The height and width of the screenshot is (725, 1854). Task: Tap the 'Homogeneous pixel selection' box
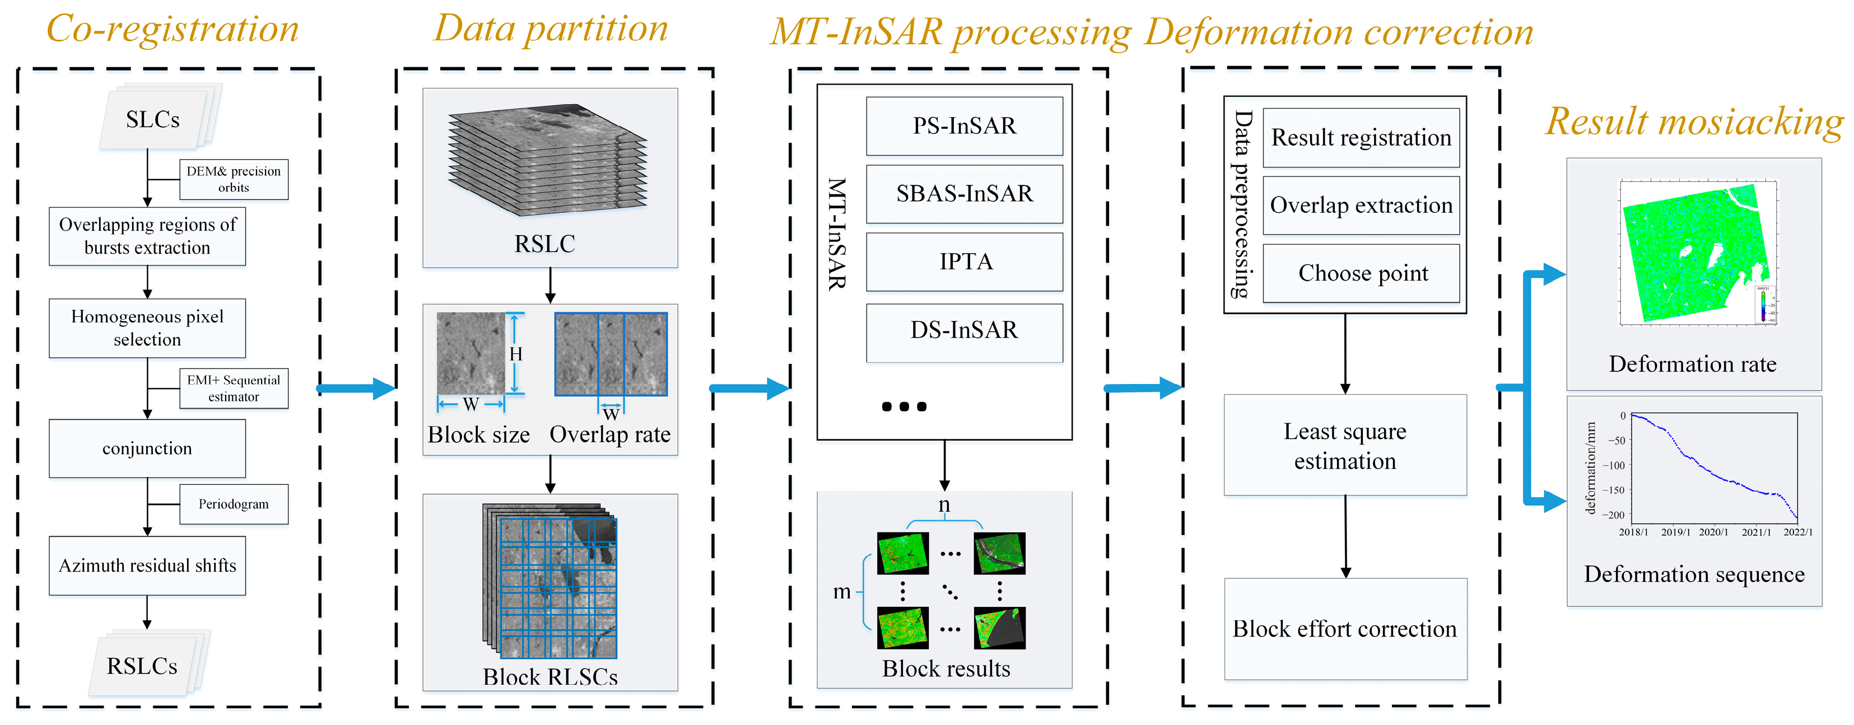point(147,328)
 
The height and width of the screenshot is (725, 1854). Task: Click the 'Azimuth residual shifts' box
point(147,566)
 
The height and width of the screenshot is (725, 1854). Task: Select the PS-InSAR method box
point(964,126)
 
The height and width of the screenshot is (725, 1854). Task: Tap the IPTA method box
point(964,262)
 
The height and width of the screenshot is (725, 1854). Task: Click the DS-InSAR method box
point(964,330)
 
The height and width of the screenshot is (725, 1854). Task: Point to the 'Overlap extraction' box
point(1361,205)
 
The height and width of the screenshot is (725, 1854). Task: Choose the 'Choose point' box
point(1361,273)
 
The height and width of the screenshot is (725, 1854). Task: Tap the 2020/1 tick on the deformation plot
point(1713,532)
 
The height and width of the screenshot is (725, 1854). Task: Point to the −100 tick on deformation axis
point(1617,465)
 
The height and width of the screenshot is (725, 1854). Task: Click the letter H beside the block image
point(515,354)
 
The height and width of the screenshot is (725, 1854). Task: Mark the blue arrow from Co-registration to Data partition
point(356,389)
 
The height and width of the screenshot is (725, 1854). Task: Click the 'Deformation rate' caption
point(1692,364)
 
